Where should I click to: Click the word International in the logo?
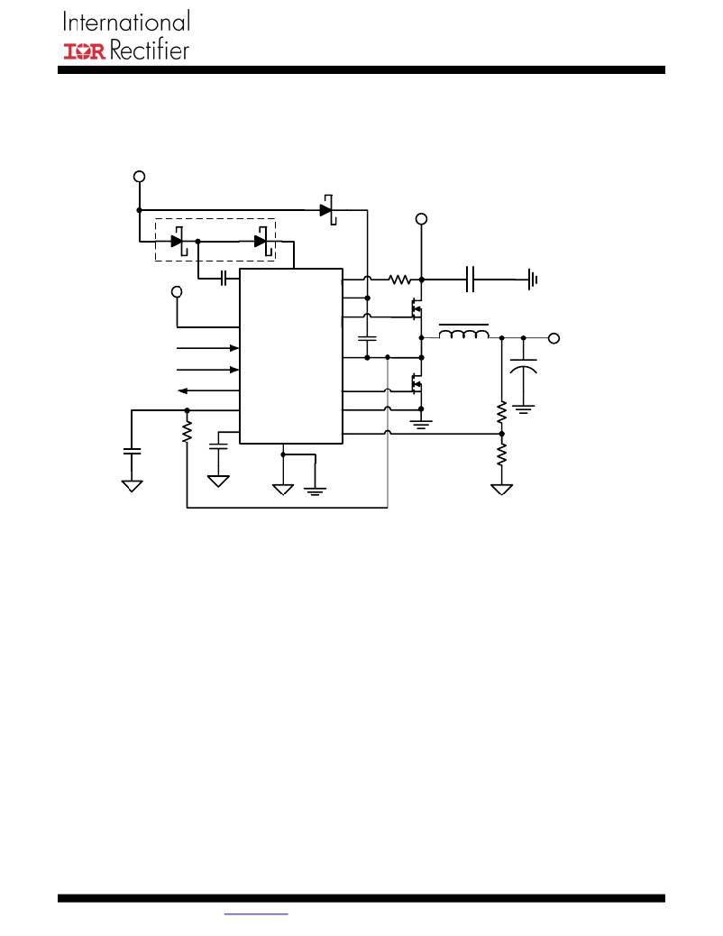126,22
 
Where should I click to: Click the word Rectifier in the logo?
150,50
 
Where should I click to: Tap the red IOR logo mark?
85,51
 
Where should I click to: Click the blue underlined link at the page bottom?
256,914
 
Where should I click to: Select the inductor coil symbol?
464,333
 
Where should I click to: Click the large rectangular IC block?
291,356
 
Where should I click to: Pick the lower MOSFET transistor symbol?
416,383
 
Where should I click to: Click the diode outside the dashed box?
328,209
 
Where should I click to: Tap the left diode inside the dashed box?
179,241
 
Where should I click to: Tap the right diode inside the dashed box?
262,241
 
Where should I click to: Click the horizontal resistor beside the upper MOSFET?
399,279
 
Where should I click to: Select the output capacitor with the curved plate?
524,364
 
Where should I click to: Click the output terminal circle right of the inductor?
554,338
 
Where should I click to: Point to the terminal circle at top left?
139,177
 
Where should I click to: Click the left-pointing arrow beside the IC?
208,391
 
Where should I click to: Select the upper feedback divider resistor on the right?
501,413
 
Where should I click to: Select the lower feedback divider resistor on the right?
501,454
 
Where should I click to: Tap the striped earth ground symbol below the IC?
315,491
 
